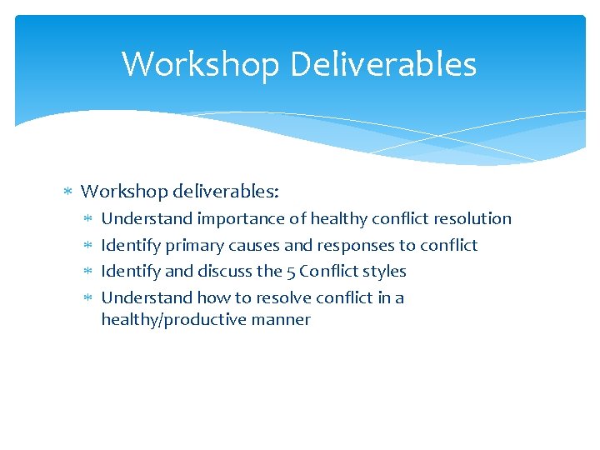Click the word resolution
pyautogui.click(x=473, y=219)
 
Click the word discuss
pyautogui.click(x=227, y=272)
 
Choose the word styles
pyautogui.click(x=384, y=272)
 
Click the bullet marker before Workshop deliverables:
pyautogui.click(x=68, y=192)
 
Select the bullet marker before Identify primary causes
pyautogui.click(x=88, y=246)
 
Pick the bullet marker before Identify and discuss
pyautogui.click(x=88, y=272)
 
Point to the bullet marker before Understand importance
pyautogui.click(x=88, y=219)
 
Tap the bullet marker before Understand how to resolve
pyautogui.click(x=88, y=297)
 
